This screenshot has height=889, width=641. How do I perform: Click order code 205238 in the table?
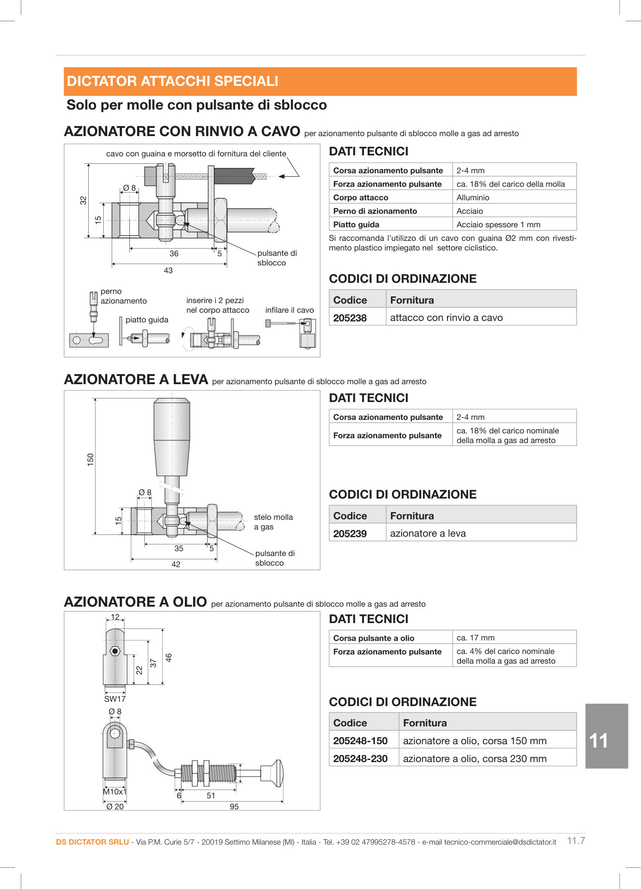tap(350, 318)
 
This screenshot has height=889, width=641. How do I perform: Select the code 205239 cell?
tap(350, 534)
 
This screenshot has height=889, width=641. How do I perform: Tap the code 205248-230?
tap(360, 759)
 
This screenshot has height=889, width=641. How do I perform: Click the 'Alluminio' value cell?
tap(473, 197)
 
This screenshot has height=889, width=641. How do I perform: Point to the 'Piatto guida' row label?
tap(356, 224)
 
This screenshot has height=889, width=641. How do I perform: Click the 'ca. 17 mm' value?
tap(475, 638)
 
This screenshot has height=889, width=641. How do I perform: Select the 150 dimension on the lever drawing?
tap(90, 459)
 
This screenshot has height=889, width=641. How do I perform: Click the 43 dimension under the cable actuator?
tap(168, 271)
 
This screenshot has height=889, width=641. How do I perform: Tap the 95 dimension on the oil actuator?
tap(234, 806)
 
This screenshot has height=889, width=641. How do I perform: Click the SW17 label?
tap(115, 699)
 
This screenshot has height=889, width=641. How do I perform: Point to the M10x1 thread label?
tap(115, 792)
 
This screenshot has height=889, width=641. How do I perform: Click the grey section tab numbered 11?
tap(606, 736)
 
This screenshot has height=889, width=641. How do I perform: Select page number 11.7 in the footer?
tap(576, 841)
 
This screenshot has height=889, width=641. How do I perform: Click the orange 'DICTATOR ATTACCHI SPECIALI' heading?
tap(173, 81)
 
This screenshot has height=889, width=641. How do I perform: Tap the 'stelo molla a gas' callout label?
tap(273, 522)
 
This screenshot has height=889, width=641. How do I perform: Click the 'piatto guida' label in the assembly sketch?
tap(147, 320)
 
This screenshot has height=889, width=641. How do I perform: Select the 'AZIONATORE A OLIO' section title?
tap(136, 602)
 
